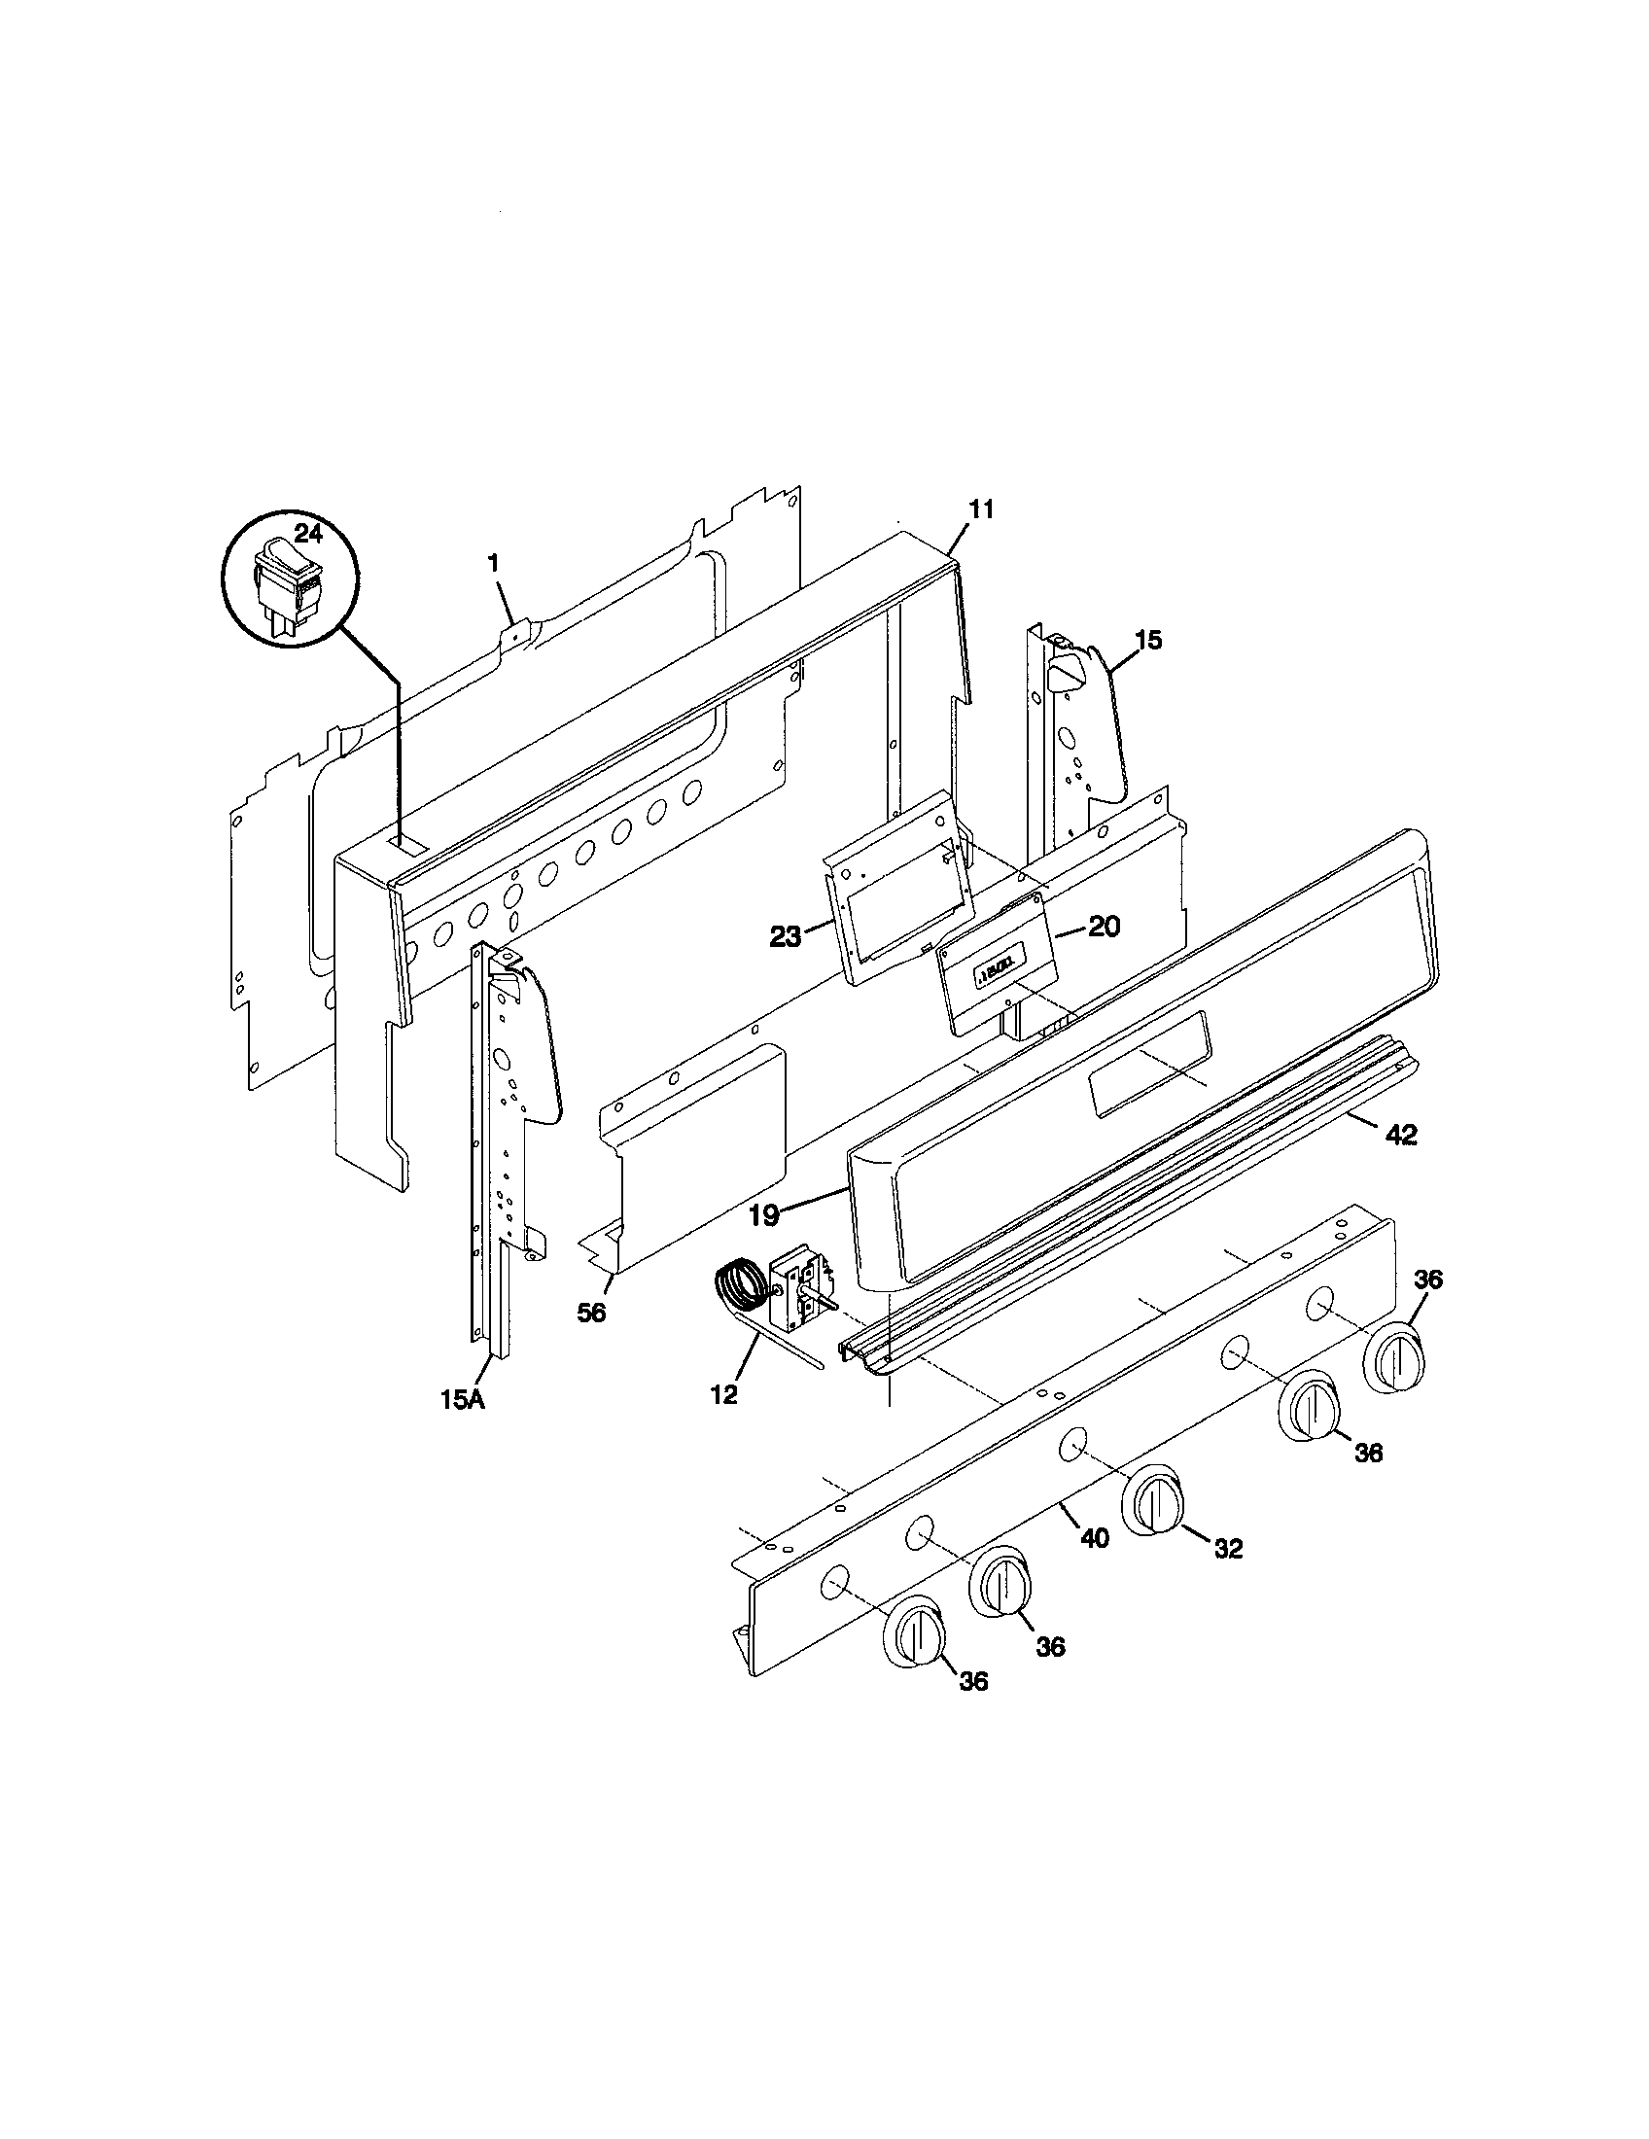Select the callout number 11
pos(981,509)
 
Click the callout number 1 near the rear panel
pos(494,563)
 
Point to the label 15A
pos(461,1399)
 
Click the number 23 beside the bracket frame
pos(786,937)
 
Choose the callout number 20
pos(1104,926)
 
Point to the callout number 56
pos(591,1314)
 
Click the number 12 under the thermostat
pos(723,1395)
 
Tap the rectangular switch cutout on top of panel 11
pos(403,842)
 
